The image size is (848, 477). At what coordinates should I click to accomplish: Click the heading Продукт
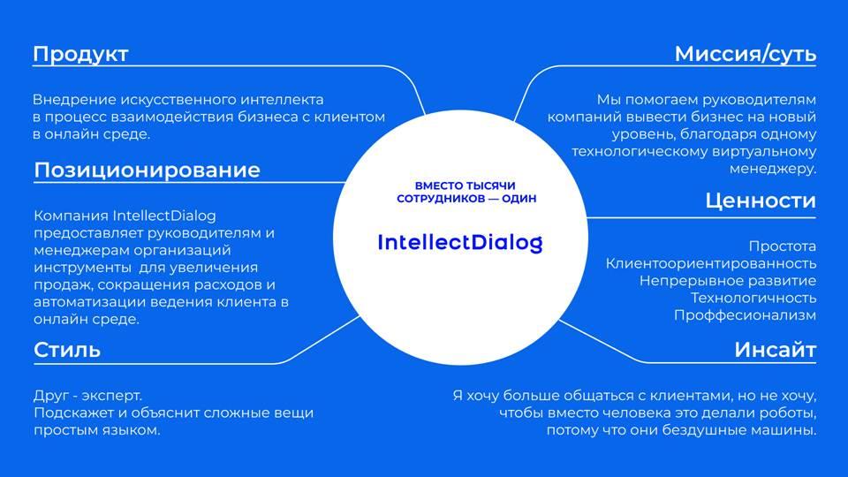click(x=80, y=54)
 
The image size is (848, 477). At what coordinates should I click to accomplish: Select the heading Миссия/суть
click(x=746, y=54)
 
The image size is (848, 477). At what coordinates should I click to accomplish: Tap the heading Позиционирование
click(x=148, y=170)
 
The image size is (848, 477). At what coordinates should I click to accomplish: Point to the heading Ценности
click(x=761, y=201)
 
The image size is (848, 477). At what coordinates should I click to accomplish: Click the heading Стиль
click(x=67, y=350)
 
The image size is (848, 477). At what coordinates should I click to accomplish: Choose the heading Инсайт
click(x=775, y=350)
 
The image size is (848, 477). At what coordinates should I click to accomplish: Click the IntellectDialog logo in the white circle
click(x=459, y=242)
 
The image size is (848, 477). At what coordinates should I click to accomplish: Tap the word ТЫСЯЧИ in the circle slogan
click(x=491, y=185)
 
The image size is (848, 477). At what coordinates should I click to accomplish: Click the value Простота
click(x=782, y=246)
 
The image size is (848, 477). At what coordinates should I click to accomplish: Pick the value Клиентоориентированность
click(x=710, y=263)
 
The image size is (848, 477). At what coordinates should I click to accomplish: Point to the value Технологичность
click(x=753, y=298)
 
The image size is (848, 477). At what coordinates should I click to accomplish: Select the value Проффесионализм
click(x=745, y=314)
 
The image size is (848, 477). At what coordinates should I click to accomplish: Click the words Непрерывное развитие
click(x=727, y=281)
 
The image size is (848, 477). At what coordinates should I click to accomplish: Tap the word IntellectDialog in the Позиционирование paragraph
click(x=164, y=216)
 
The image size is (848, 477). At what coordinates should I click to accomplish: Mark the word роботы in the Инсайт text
click(x=787, y=413)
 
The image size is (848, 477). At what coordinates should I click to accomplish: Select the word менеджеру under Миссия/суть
click(x=773, y=169)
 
